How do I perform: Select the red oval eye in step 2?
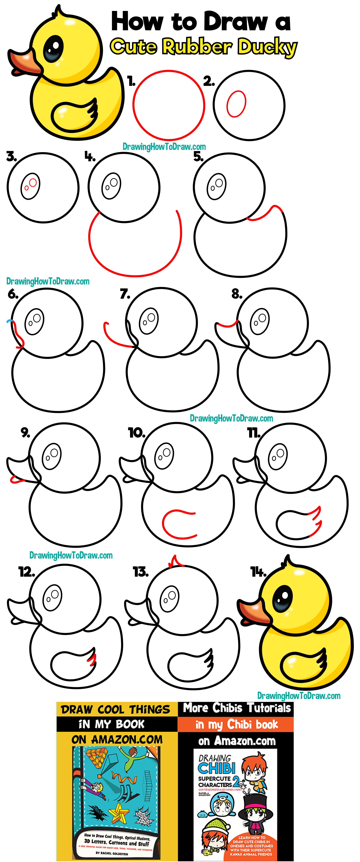pyautogui.click(x=236, y=104)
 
